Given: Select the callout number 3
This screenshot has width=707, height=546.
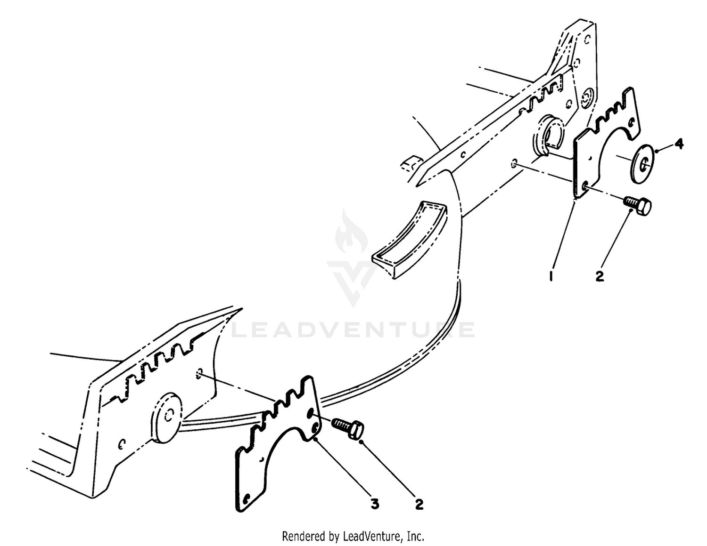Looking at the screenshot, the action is click(x=375, y=505).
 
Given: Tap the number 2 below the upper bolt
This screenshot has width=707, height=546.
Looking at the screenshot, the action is click(x=600, y=276).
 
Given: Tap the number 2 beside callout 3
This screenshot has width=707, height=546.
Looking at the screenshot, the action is click(x=419, y=505).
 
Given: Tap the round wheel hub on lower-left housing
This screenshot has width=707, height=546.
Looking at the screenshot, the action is click(x=166, y=418).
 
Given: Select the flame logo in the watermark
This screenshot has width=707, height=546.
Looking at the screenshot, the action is click(x=352, y=232).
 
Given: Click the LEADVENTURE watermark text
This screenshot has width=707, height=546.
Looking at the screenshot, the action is click(x=353, y=329).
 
